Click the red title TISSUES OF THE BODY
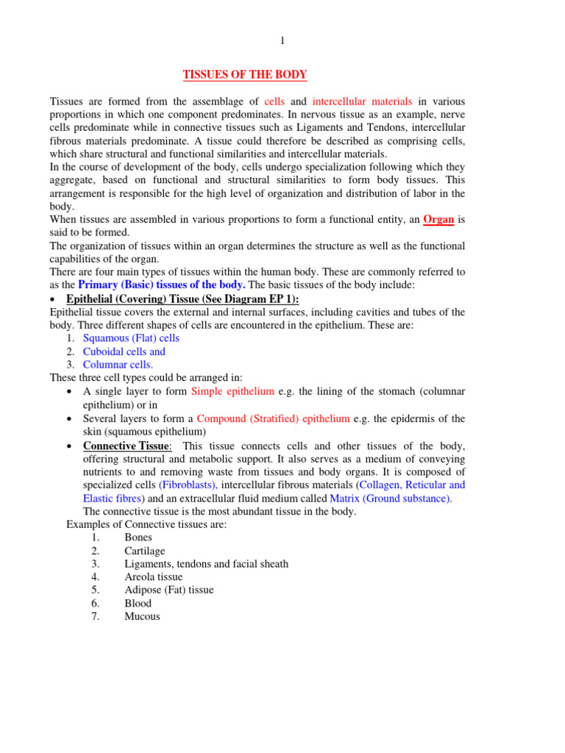pyautogui.click(x=245, y=75)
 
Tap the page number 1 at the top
pyautogui.click(x=282, y=41)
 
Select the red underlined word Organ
pyautogui.click(x=438, y=219)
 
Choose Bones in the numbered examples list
pyautogui.click(x=138, y=538)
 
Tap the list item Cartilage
pyautogui.click(x=145, y=551)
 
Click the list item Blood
pyautogui.click(x=138, y=603)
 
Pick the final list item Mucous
pyautogui.click(x=142, y=616)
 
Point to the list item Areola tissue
pyautogui.click(x=154, y=577)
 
